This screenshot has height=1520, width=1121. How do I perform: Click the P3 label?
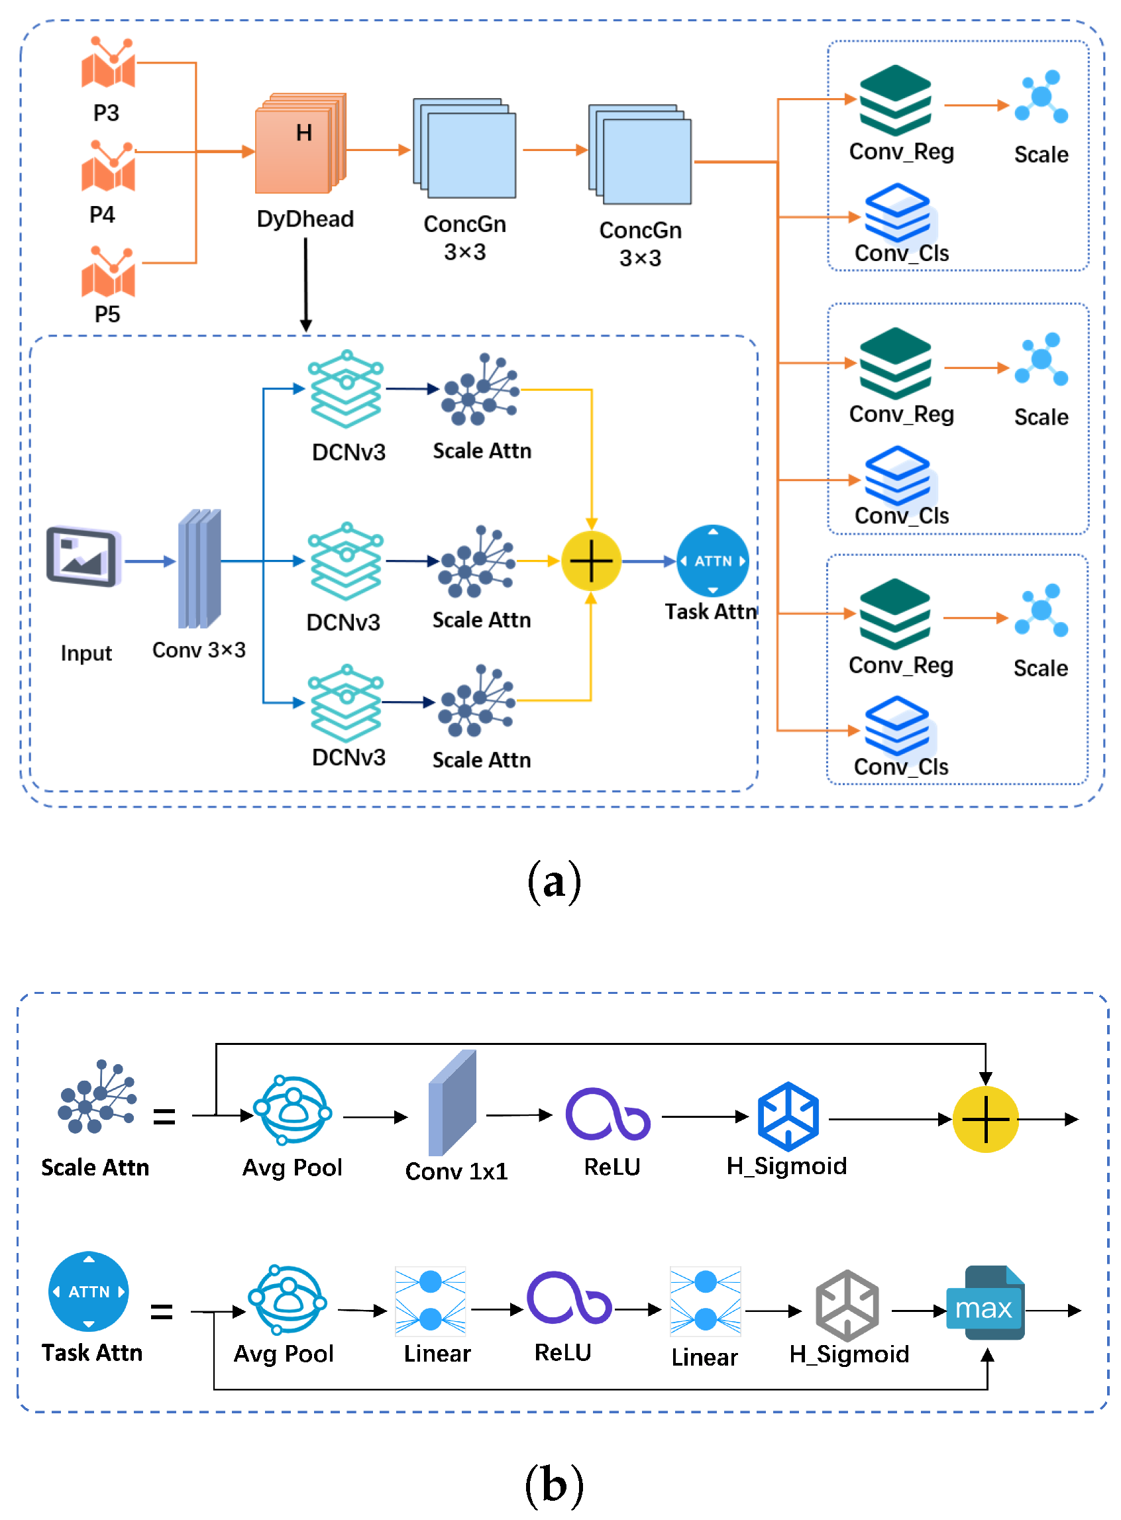click(106, 113)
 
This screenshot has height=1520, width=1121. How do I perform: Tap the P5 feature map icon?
click(108, 273)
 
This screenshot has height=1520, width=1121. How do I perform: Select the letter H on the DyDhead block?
click(304, 133)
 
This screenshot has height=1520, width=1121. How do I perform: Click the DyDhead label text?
click(305, 219)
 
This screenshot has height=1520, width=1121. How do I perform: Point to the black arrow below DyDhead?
click(306, 285)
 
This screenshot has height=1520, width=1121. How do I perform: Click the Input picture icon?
click(83, 557)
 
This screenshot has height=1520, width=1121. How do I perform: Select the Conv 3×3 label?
click(199, 650)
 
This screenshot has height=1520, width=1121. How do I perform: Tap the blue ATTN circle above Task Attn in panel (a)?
click(712, 561)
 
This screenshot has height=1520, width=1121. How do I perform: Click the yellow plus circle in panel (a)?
click(591, 561)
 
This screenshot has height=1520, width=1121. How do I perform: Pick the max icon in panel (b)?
click(985, 1303)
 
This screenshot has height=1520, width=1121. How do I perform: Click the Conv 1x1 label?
click(456, 1171)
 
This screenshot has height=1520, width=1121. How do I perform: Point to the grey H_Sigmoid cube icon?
click(847, 1305)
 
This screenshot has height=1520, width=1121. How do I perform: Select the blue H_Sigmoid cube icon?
click(788, 1117)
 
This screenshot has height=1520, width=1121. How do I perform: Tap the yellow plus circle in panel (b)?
click(985, 1120)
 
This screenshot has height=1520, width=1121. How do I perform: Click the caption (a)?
click(555, 882)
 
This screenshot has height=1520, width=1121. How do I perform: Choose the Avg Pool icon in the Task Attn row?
click(288, 1300)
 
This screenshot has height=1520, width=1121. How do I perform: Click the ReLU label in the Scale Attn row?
click(612, 1167)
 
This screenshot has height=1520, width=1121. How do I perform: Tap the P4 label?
click(103, 215)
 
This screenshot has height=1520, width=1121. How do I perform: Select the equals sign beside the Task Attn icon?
click(162, 1312)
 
